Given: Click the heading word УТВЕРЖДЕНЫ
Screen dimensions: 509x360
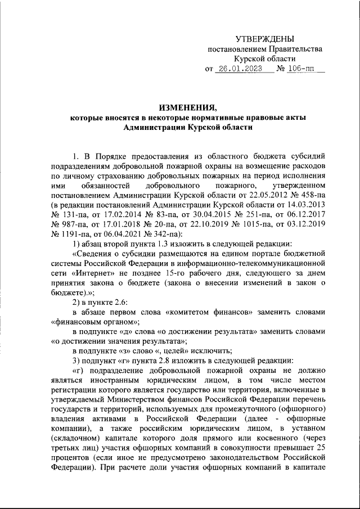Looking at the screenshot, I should click(x=264, y=38).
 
